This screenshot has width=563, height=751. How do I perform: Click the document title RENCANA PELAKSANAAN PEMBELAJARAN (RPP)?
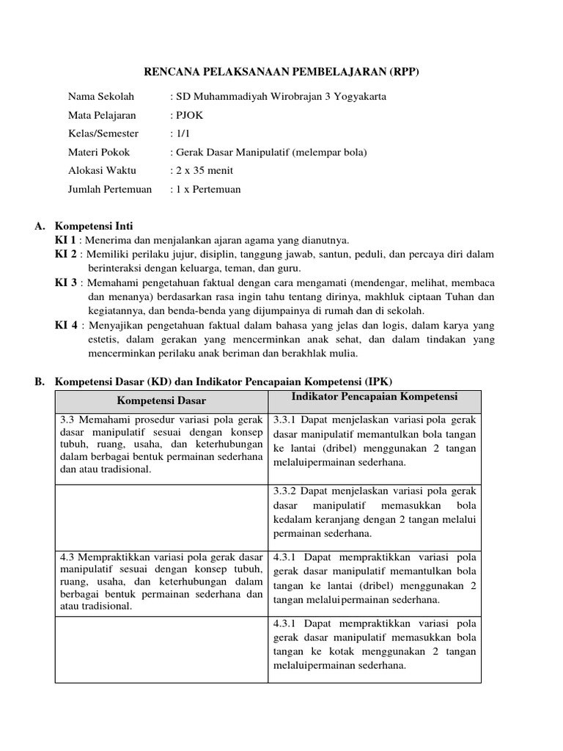(281, 71)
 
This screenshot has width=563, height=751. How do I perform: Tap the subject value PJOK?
(187, 115)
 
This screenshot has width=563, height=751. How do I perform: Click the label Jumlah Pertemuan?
(110, 188)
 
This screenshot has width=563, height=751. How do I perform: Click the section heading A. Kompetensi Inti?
(90, 227)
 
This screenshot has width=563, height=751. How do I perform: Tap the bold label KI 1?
(65, 240)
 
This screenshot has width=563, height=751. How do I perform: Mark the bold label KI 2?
(65, 254)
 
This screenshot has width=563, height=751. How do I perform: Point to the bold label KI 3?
(65, 282)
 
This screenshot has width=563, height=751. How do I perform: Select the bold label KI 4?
(65, 325)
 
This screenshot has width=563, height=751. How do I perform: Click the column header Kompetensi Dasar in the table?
(161, 400)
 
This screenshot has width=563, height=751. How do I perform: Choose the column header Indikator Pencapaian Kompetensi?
(375, 397)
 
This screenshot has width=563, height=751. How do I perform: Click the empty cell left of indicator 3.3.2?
(161, 513)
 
